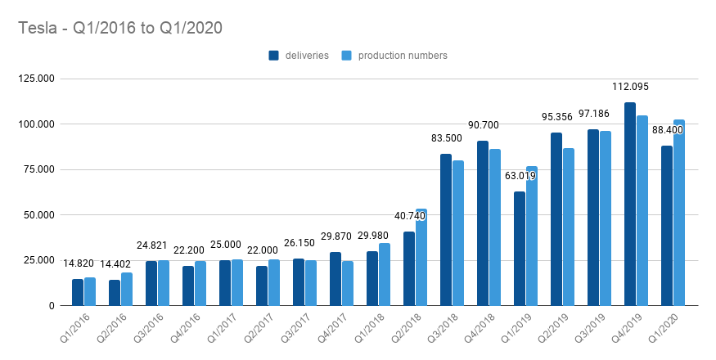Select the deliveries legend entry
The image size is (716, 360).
299,56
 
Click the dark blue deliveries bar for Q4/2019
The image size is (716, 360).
629,204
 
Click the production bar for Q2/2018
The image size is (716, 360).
421,257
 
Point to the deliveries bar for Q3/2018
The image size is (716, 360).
445,230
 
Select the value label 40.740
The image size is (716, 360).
408,215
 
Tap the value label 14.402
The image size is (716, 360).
114,264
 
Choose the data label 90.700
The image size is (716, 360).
483,125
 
